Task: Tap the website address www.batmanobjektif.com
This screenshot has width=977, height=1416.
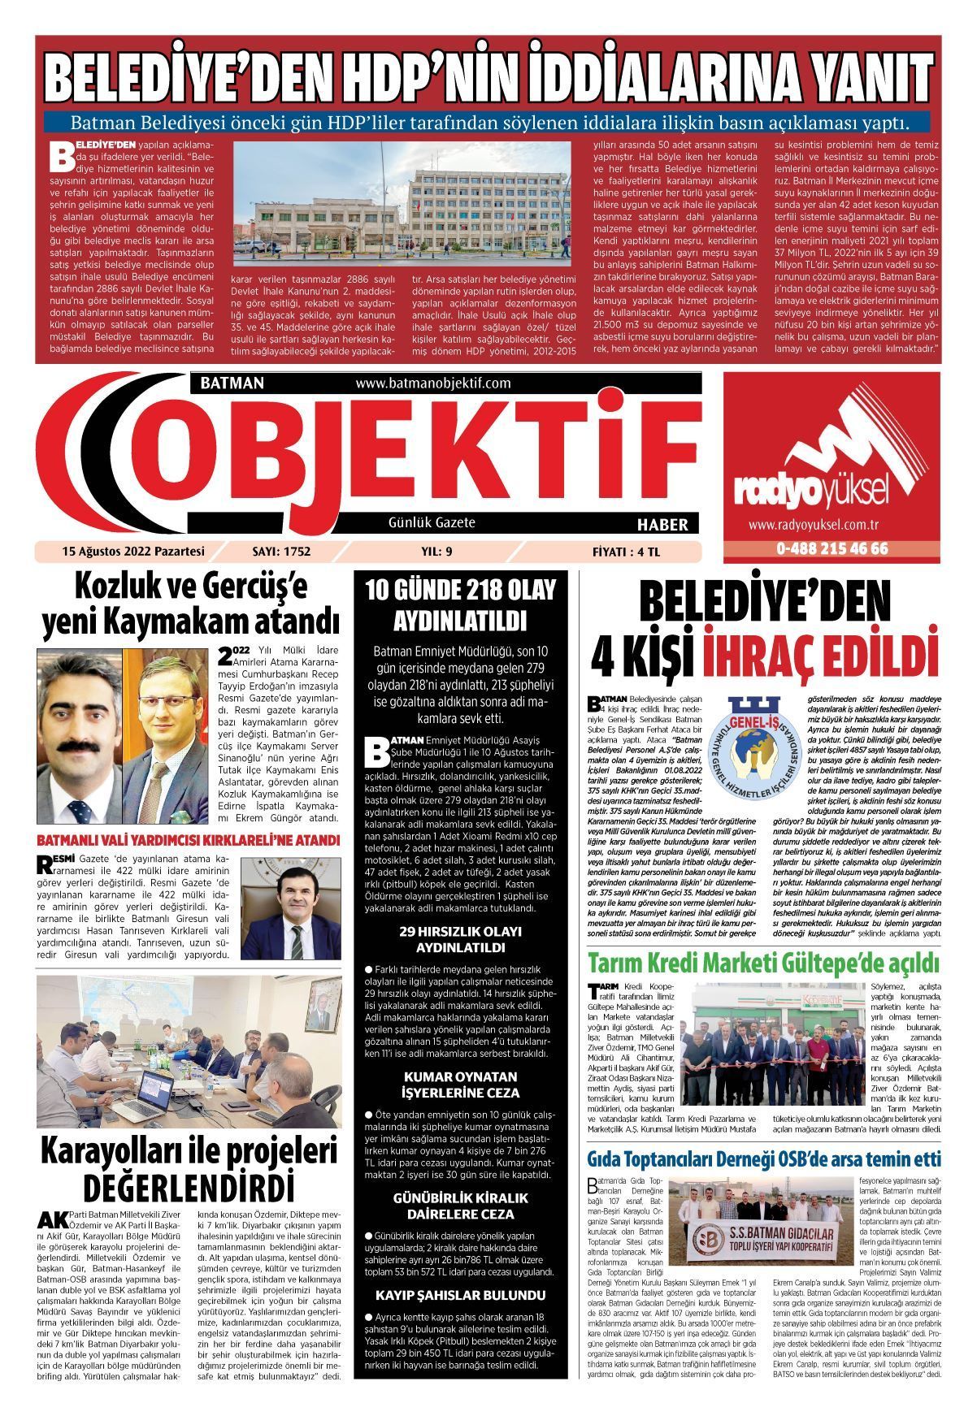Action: (x=432, y=383)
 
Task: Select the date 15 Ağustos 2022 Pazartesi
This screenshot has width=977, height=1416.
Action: (x=132, y=551)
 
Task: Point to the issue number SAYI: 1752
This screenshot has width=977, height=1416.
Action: (x=282, y=551)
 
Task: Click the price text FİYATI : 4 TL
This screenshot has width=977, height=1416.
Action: (x=625, y=551)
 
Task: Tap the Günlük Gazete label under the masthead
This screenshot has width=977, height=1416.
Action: (x=432, y=522)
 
